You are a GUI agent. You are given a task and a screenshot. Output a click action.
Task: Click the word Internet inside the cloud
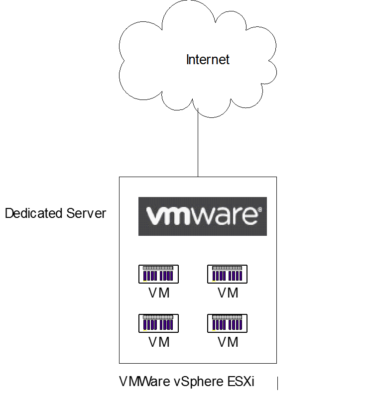pyautogui.click(x=208, y=60)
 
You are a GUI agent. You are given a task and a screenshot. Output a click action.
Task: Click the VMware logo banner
pyautogui.click(x=202, y=216)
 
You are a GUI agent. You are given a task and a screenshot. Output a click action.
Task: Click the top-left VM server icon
pyautogui.click(x=158, y=274)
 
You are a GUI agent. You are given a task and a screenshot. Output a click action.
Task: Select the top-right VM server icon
pyautogui.click(x=228, y=274)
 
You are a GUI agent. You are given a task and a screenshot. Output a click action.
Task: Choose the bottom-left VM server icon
pyautogui.click(x=158, y=323)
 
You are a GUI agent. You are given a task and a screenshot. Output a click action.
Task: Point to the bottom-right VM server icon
pyautogui.click(x=228, y=323)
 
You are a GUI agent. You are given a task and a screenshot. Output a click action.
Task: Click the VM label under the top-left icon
pyautogui.click(x=159, y=293)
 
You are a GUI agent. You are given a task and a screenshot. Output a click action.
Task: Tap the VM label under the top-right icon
pyautogui.click(x=228, y=293)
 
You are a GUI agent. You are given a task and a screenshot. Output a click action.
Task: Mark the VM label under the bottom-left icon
pyautogui.click(x=159, y=342)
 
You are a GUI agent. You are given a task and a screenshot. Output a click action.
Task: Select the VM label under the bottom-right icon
pyautogui.click(x=228, y=342)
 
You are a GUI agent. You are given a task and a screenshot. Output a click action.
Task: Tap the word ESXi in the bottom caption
pyautogui.click(x=241, y=382)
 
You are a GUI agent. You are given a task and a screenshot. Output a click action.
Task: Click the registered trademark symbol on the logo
pyautogui.click(x=258, y=211)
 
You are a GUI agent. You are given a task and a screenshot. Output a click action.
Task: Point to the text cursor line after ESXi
pyautogui.click(x=277, y=383)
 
